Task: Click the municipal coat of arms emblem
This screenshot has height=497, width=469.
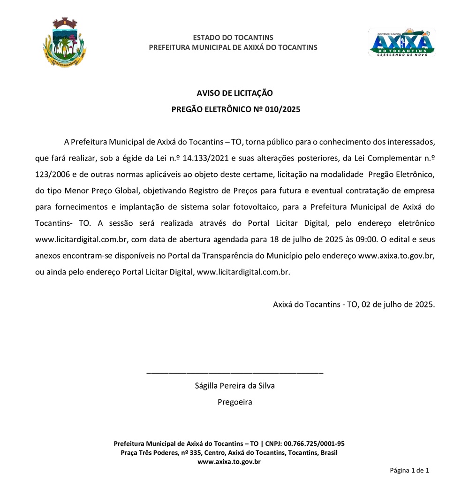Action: tap(64, 42)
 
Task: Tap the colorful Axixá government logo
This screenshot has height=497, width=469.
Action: tap(401, 43)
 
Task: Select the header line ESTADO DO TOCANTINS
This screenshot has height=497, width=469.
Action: tap(233, 38)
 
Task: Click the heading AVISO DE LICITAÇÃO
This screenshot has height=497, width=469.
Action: tap(234, 93)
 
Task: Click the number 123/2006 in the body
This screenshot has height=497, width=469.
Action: tap(52, 175)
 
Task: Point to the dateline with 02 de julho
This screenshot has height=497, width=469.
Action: tap(354, 304)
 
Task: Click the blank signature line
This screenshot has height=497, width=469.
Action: tap(234, 373)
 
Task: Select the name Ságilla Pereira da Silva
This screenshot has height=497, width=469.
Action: tap(234, 386)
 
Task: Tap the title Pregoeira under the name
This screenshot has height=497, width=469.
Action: tap(234, 402)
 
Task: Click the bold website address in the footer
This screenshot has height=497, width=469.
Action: tap(229, 462)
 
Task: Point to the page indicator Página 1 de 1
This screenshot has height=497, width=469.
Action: tap(409, 470)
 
